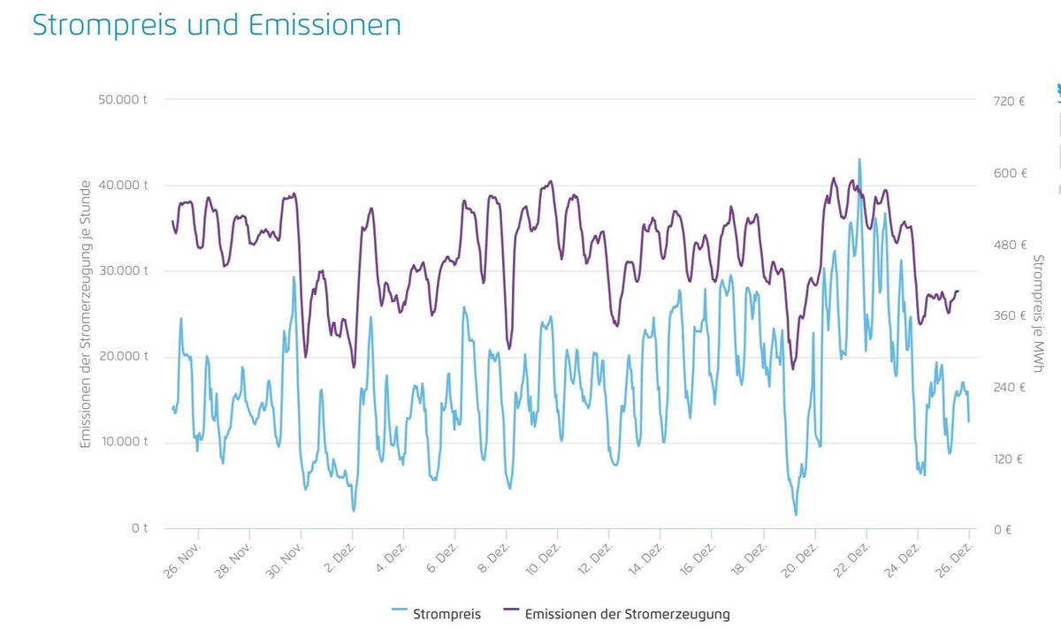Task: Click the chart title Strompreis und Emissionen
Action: click(x=217, y=25)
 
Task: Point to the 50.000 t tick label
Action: click(x=123, y=99)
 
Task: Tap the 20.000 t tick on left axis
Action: click(x=123, y=356)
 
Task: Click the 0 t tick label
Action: click(x=140, y=528)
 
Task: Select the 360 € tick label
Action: click(x=1009, y=315)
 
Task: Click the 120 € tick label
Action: click(x=1009, y=458)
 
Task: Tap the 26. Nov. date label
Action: click(x=184, y=558)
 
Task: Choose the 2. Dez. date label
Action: click(x=340, y=558)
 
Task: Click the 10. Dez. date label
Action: click(x=544, y=558)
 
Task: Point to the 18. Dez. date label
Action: click(x=749, y=558)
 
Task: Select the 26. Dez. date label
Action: click(x=954, y=558)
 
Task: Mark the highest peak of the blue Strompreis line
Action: click(x=859, y=160)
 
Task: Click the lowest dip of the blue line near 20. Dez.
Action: click(x=796, y=514)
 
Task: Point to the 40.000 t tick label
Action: click(x=123, y=185)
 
